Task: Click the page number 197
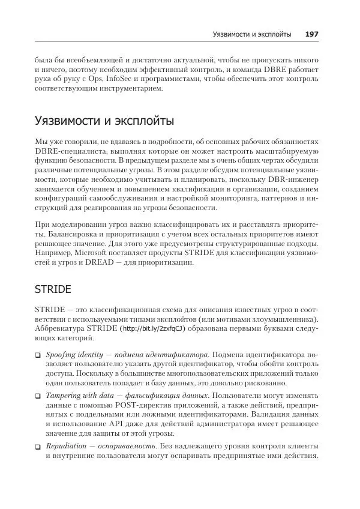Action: pyautogui.click(x=311, y=34)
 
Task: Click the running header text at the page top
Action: pyautogui.click(x=252, y=34)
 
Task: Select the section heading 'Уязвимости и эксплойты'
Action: pyautogui.click(x=104, y=121)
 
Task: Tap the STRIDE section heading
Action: pyautogui.click(x=53, y=289)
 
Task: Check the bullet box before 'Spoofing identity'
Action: pyautogui.click(x=38, y=355)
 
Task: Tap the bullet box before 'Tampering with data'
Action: pyautogui.click(x=38, y=397)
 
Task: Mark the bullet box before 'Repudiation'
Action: pyautogui.click(x=38, y=447)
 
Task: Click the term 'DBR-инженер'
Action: pyautogui.click(x=297, y=179)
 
